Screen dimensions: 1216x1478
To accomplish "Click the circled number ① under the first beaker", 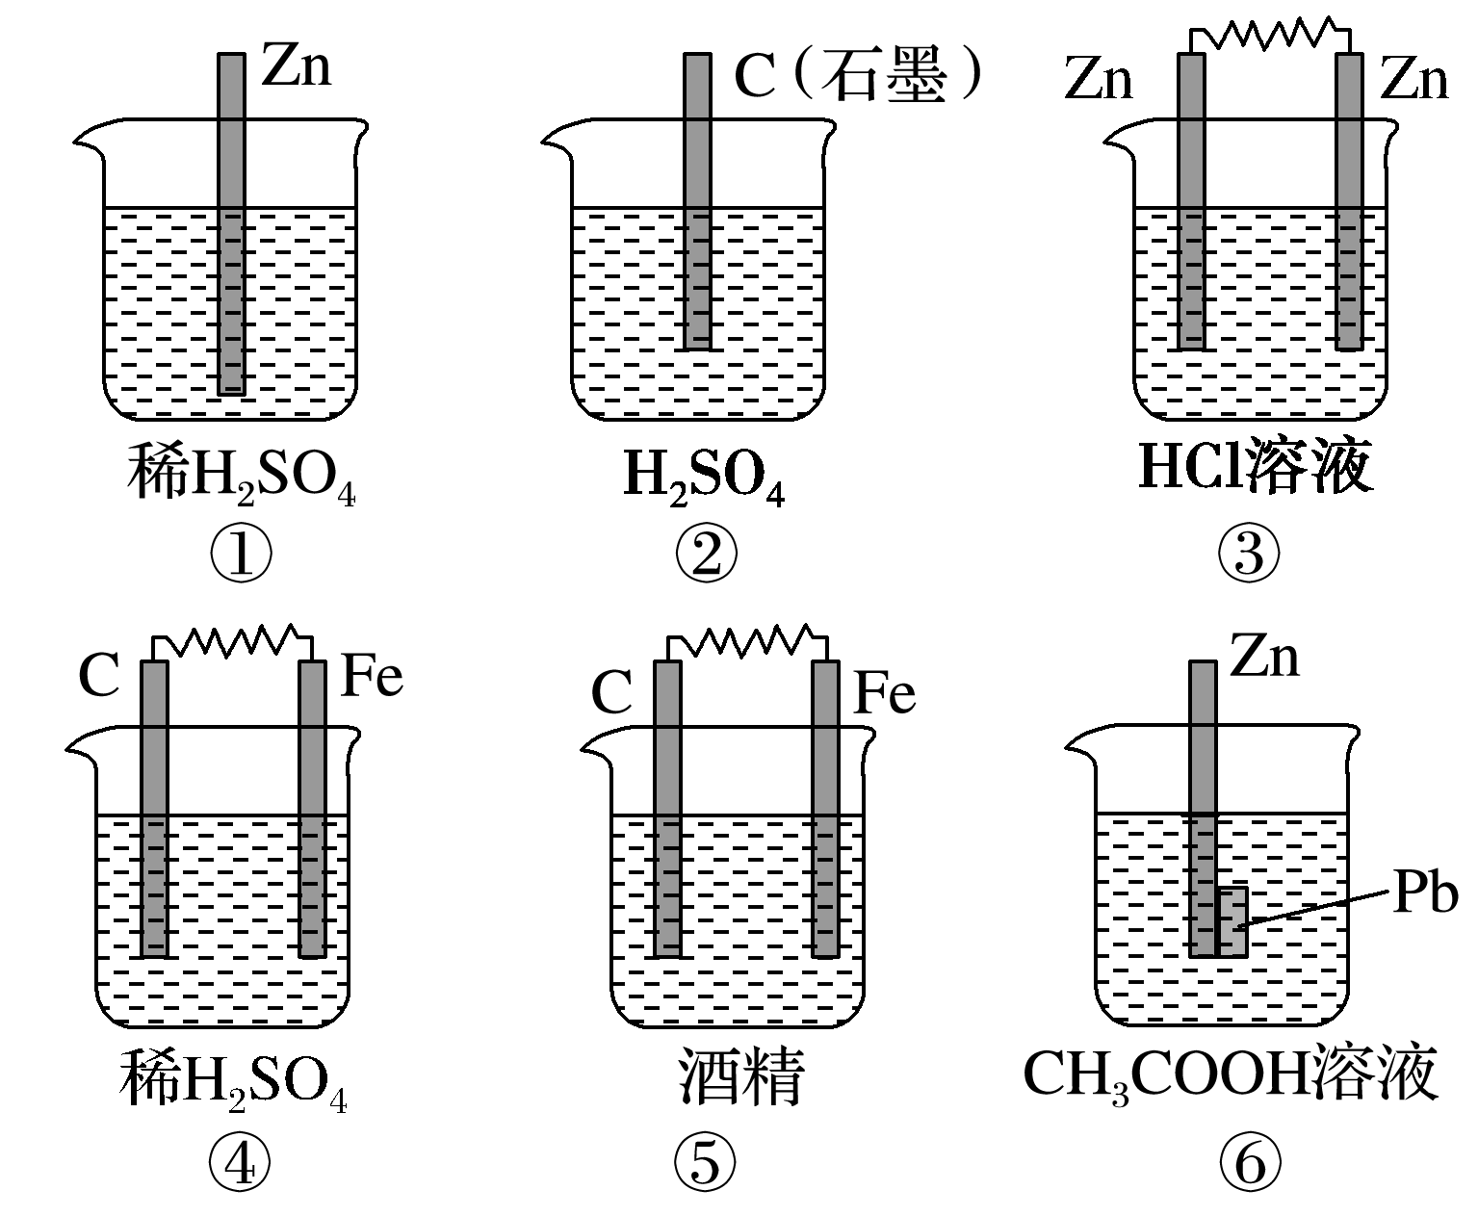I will point(241,554).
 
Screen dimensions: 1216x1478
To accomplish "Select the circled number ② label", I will point(706,554).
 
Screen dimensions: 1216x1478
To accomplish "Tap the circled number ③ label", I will point(1249,554).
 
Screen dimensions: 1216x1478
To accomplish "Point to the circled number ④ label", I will point(240,1164).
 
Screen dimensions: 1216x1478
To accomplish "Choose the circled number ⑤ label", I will point(705,1164).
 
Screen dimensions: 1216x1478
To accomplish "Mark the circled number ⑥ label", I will point(1250,1164).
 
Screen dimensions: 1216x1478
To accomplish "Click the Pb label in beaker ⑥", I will point(1425,894).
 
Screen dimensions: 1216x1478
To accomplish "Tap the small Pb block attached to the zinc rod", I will point(1232,921).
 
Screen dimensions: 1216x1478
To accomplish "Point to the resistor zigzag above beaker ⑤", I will point(747,640).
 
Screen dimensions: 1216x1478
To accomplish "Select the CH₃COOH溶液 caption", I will point(1230,1074).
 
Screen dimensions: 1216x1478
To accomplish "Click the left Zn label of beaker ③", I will point(1099,79).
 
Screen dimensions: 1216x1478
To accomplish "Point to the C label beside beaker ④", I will point(98,676).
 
